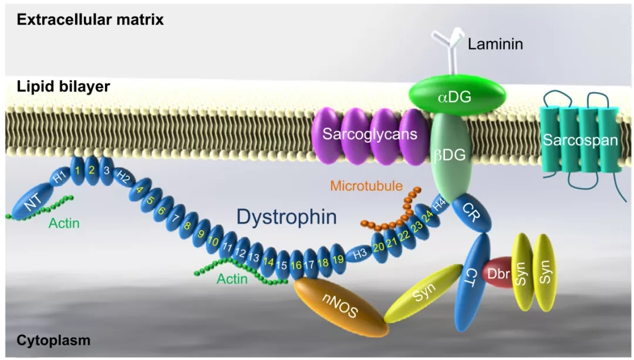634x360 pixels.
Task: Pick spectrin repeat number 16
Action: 296,265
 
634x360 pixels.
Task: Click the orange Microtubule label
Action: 366,187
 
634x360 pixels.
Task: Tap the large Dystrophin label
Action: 286,217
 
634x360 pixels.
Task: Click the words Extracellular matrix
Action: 90,19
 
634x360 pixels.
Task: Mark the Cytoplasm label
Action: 53,340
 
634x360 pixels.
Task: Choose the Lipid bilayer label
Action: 63,87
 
